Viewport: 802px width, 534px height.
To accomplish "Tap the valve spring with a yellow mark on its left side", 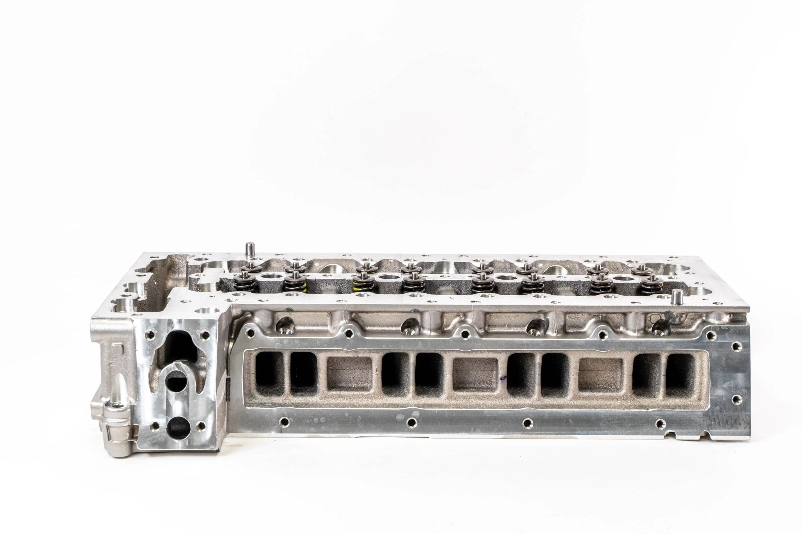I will pos(363,285).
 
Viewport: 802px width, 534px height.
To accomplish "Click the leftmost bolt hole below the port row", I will pos(284,422).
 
